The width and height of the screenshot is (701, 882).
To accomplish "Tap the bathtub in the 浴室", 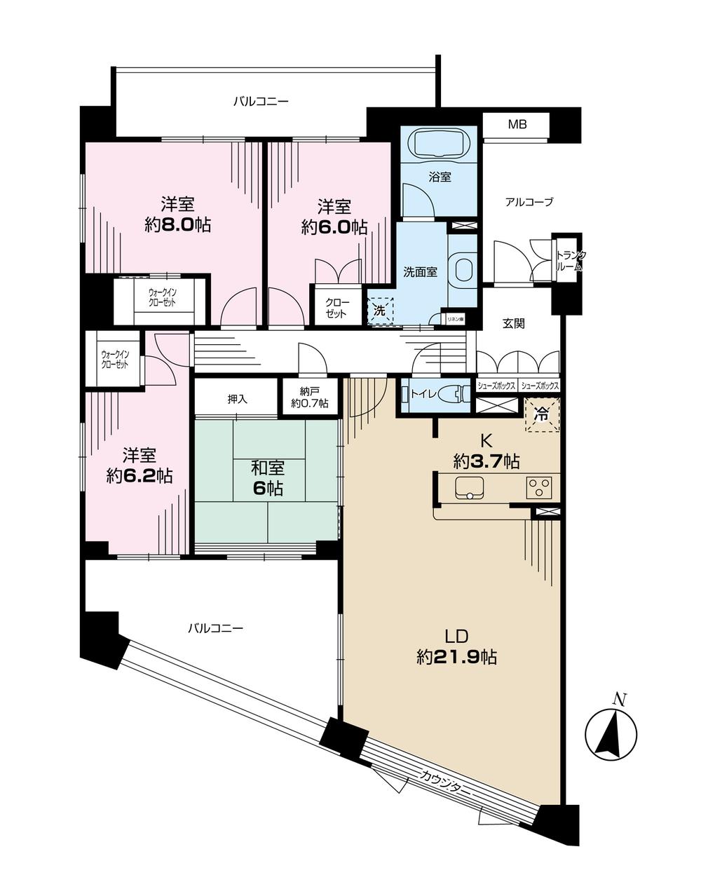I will (439, 146).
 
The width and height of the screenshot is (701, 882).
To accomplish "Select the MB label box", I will (517, 125).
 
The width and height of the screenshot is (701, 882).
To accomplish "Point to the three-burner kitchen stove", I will (539, 487).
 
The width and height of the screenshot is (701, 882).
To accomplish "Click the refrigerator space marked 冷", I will (542, 414).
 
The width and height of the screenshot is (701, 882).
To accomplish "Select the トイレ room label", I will (423, 394).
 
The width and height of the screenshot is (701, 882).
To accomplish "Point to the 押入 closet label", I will (237, 398).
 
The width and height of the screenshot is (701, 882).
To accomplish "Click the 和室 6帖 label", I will (268, 478).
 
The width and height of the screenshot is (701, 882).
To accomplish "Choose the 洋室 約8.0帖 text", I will (177, 215).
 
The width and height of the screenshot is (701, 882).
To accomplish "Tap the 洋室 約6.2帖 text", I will (139, 466).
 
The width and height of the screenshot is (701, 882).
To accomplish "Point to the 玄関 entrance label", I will (513, 323).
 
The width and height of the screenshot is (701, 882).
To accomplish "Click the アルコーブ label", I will (529, 203).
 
